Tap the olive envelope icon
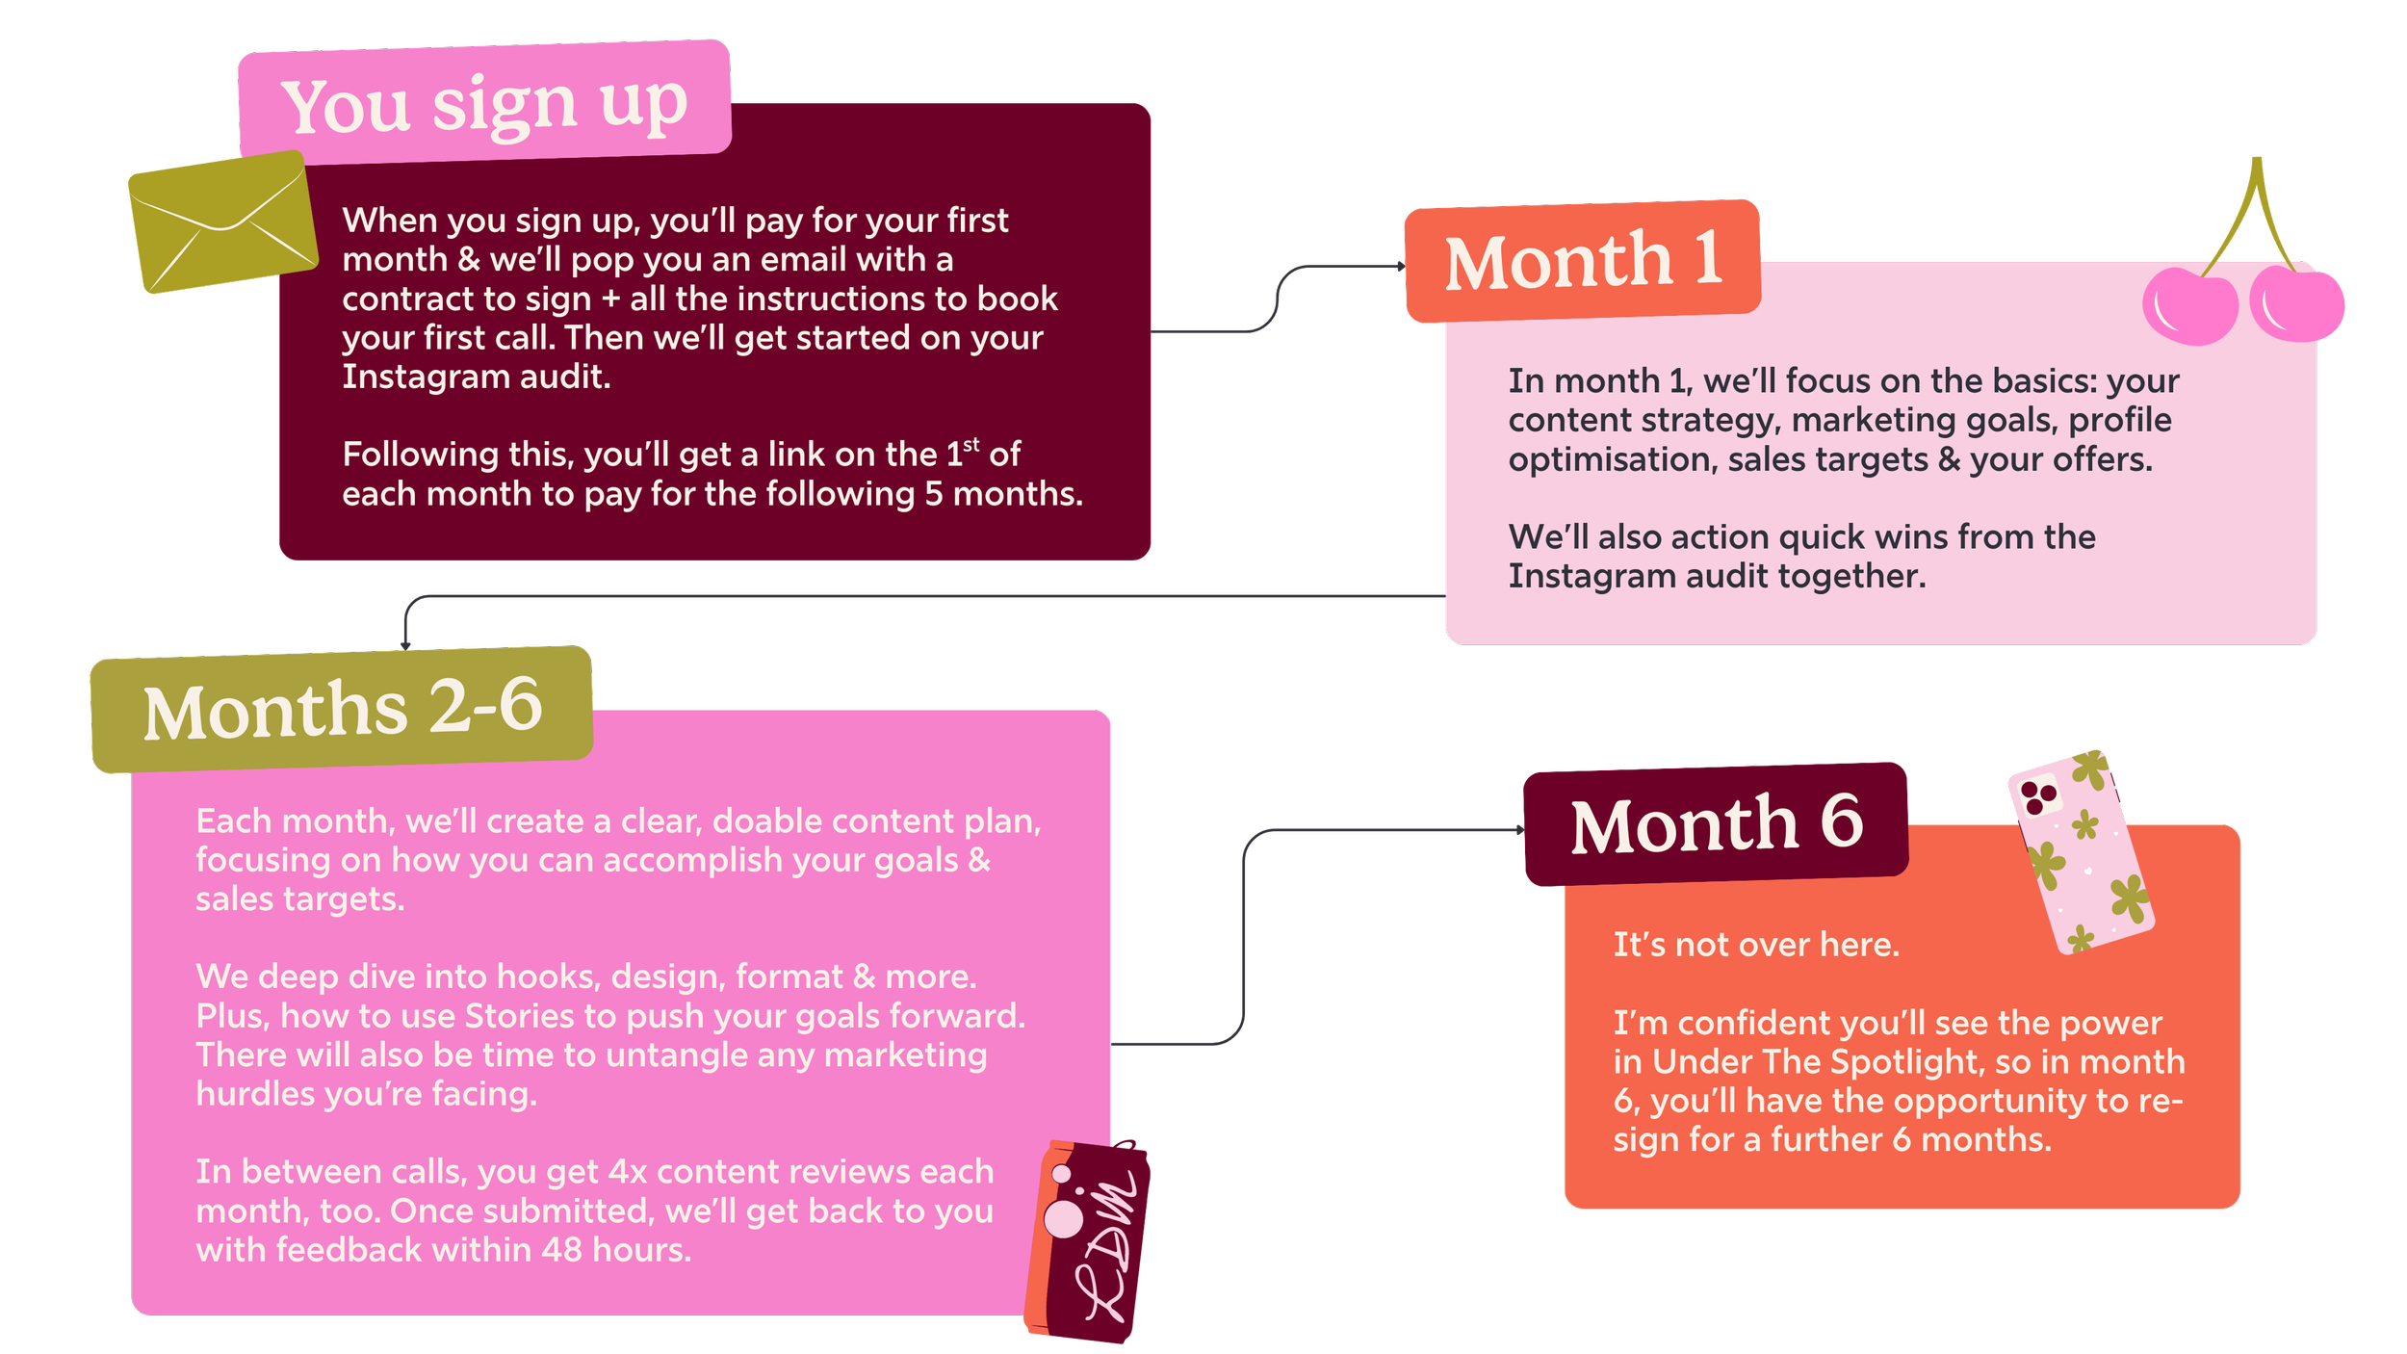pyautogui.click(x=221, y=221)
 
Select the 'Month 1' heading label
pyautogui.click(x=1583, y=260)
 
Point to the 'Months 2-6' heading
pyautogui.click(x=342, y=709)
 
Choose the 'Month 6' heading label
pyautogui.click(x=1716, y=824)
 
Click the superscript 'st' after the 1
pyautogui.click(x=971, y=444)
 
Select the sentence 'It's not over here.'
pyautogui.click(x=1756, y=945)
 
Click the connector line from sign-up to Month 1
pyautogui.click(x=1278, y=299)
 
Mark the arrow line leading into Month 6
pyautogui.click(x=1244, y=934)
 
